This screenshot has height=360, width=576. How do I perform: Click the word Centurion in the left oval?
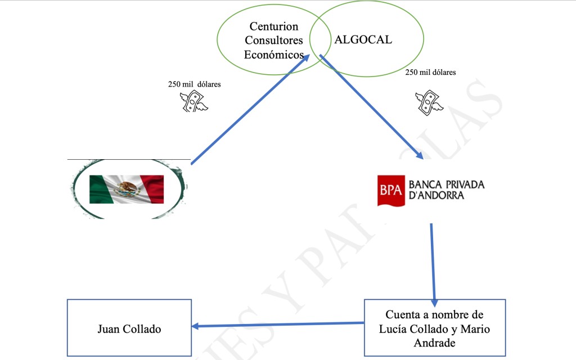click(x=274, y=26)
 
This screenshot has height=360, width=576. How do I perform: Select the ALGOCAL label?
click(x=363, y=40)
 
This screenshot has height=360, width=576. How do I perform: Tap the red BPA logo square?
click(x=391, y=190)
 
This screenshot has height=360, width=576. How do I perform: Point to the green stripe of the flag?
click(x=102, y=189)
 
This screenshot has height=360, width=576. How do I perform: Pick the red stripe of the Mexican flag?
click(x=152, y=189)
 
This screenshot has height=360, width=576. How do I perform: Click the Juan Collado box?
click(x=129, y=328)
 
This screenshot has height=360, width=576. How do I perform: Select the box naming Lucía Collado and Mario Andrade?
click(x=434, y=328)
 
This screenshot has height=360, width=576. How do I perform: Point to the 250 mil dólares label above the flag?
click(x=194, y=84)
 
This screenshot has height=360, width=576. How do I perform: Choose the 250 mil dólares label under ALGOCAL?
click(x=430, y=72)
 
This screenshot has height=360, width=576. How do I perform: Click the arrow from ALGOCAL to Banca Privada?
click(x=371, y=107)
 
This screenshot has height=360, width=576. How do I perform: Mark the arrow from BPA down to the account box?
click(x=433, y=262)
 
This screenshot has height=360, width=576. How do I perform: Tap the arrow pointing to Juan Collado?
click(x=278, y=325)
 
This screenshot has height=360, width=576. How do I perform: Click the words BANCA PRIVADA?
click(x=446, y=184)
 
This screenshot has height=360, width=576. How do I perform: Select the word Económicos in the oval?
click(x=274, y=55)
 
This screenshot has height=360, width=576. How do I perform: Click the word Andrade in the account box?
click(x=434, y=343)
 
